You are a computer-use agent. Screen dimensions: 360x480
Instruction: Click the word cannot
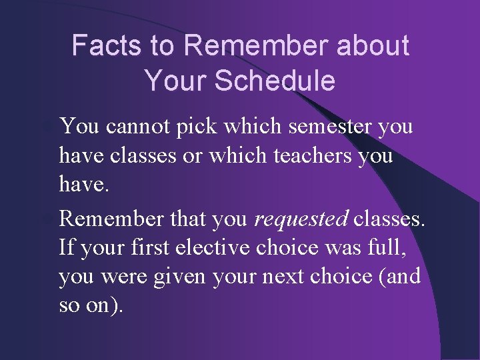[141, 126]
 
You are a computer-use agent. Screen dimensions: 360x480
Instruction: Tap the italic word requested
[301, 217]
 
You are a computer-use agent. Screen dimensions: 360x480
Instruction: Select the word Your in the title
[177, 81]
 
